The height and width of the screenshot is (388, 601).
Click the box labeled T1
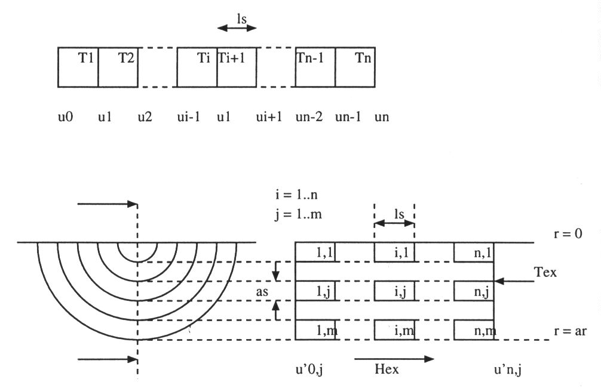coord(78,67)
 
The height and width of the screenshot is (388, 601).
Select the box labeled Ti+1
coord(237,67)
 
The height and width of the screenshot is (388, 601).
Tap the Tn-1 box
coord(315,67)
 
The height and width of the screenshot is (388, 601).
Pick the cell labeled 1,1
coord(315,252)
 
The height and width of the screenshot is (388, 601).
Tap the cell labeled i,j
coord(394,292)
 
